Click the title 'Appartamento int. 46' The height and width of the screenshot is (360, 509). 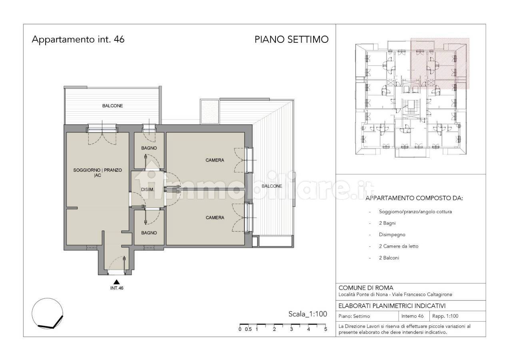click(78, 40)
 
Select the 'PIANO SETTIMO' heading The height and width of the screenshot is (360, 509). click(291, 40)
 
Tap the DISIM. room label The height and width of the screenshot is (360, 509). click(148, 190)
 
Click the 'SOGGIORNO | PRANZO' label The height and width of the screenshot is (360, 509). click(98, 170)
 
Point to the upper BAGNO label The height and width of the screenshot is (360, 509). click(149, 148)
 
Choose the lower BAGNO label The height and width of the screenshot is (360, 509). click(149, 233)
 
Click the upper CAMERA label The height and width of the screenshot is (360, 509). click(215, 160)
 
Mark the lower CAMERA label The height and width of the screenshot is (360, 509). click(215, 218)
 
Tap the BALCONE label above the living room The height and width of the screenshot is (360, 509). click(112, 106)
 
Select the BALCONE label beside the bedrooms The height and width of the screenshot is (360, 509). click(272, 186)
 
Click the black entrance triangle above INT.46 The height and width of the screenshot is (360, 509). click(117, 282)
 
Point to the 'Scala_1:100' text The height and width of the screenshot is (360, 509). click(307, 314)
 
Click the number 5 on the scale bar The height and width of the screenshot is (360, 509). click(325, 329)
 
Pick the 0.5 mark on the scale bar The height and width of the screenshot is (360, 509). click(248, 329)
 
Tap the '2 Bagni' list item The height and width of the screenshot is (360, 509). click(387, 223)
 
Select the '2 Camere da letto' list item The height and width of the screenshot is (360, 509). click(399, 246)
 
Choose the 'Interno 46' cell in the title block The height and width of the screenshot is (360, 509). click(412, 316)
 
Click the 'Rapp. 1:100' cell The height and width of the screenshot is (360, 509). click(445, 316)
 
